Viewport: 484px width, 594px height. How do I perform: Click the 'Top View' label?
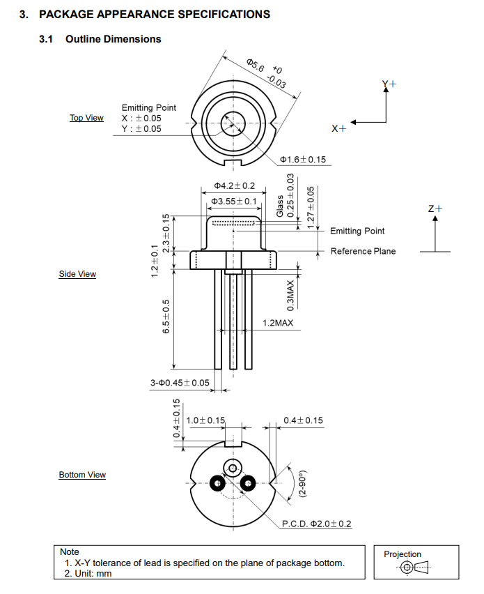(86, 118)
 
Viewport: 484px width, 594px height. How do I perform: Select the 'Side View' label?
(77, 274)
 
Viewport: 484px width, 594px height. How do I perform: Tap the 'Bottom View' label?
(82, 475)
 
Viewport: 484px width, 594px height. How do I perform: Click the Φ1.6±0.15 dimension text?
(303, 160)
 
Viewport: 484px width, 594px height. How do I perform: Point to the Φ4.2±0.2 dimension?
(235, 185)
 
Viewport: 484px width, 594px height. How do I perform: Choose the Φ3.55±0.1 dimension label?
(234, 201)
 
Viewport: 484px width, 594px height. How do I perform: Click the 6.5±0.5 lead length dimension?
(166, 317)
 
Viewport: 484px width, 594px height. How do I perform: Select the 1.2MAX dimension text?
(278, 323)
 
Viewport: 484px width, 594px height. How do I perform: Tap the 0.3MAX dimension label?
(290, 296)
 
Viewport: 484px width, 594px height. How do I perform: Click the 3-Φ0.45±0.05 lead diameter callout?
(180, 383)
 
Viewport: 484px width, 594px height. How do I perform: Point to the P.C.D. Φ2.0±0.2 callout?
(317, 524)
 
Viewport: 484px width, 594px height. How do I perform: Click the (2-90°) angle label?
(302, 483)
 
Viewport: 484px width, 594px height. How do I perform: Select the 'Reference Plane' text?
(364, 251)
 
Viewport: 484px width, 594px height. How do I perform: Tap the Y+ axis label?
(389, 84)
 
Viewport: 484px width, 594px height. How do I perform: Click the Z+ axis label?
(435, 208)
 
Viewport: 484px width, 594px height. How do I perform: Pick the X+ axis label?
(338, 129)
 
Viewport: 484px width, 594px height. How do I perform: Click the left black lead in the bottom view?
(217, 483)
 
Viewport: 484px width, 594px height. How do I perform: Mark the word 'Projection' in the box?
(403, 554)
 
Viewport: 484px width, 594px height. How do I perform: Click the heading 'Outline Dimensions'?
(113, 39)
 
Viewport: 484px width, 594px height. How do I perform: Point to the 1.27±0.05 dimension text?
(311, 208)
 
